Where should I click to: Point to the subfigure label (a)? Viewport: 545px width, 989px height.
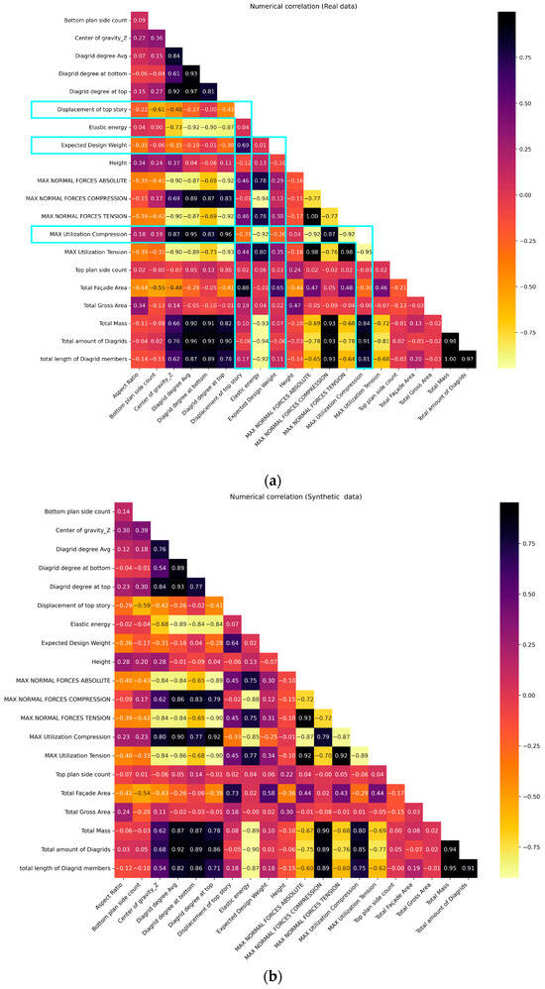tap(271, 478)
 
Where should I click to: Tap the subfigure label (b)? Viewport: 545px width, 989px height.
tap(271, 973)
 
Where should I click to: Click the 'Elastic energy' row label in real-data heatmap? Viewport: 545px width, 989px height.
tap(97, 127)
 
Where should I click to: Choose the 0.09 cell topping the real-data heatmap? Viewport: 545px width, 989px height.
tap(140, 20)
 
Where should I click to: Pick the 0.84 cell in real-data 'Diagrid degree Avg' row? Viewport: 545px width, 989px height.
tap(173, 55)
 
